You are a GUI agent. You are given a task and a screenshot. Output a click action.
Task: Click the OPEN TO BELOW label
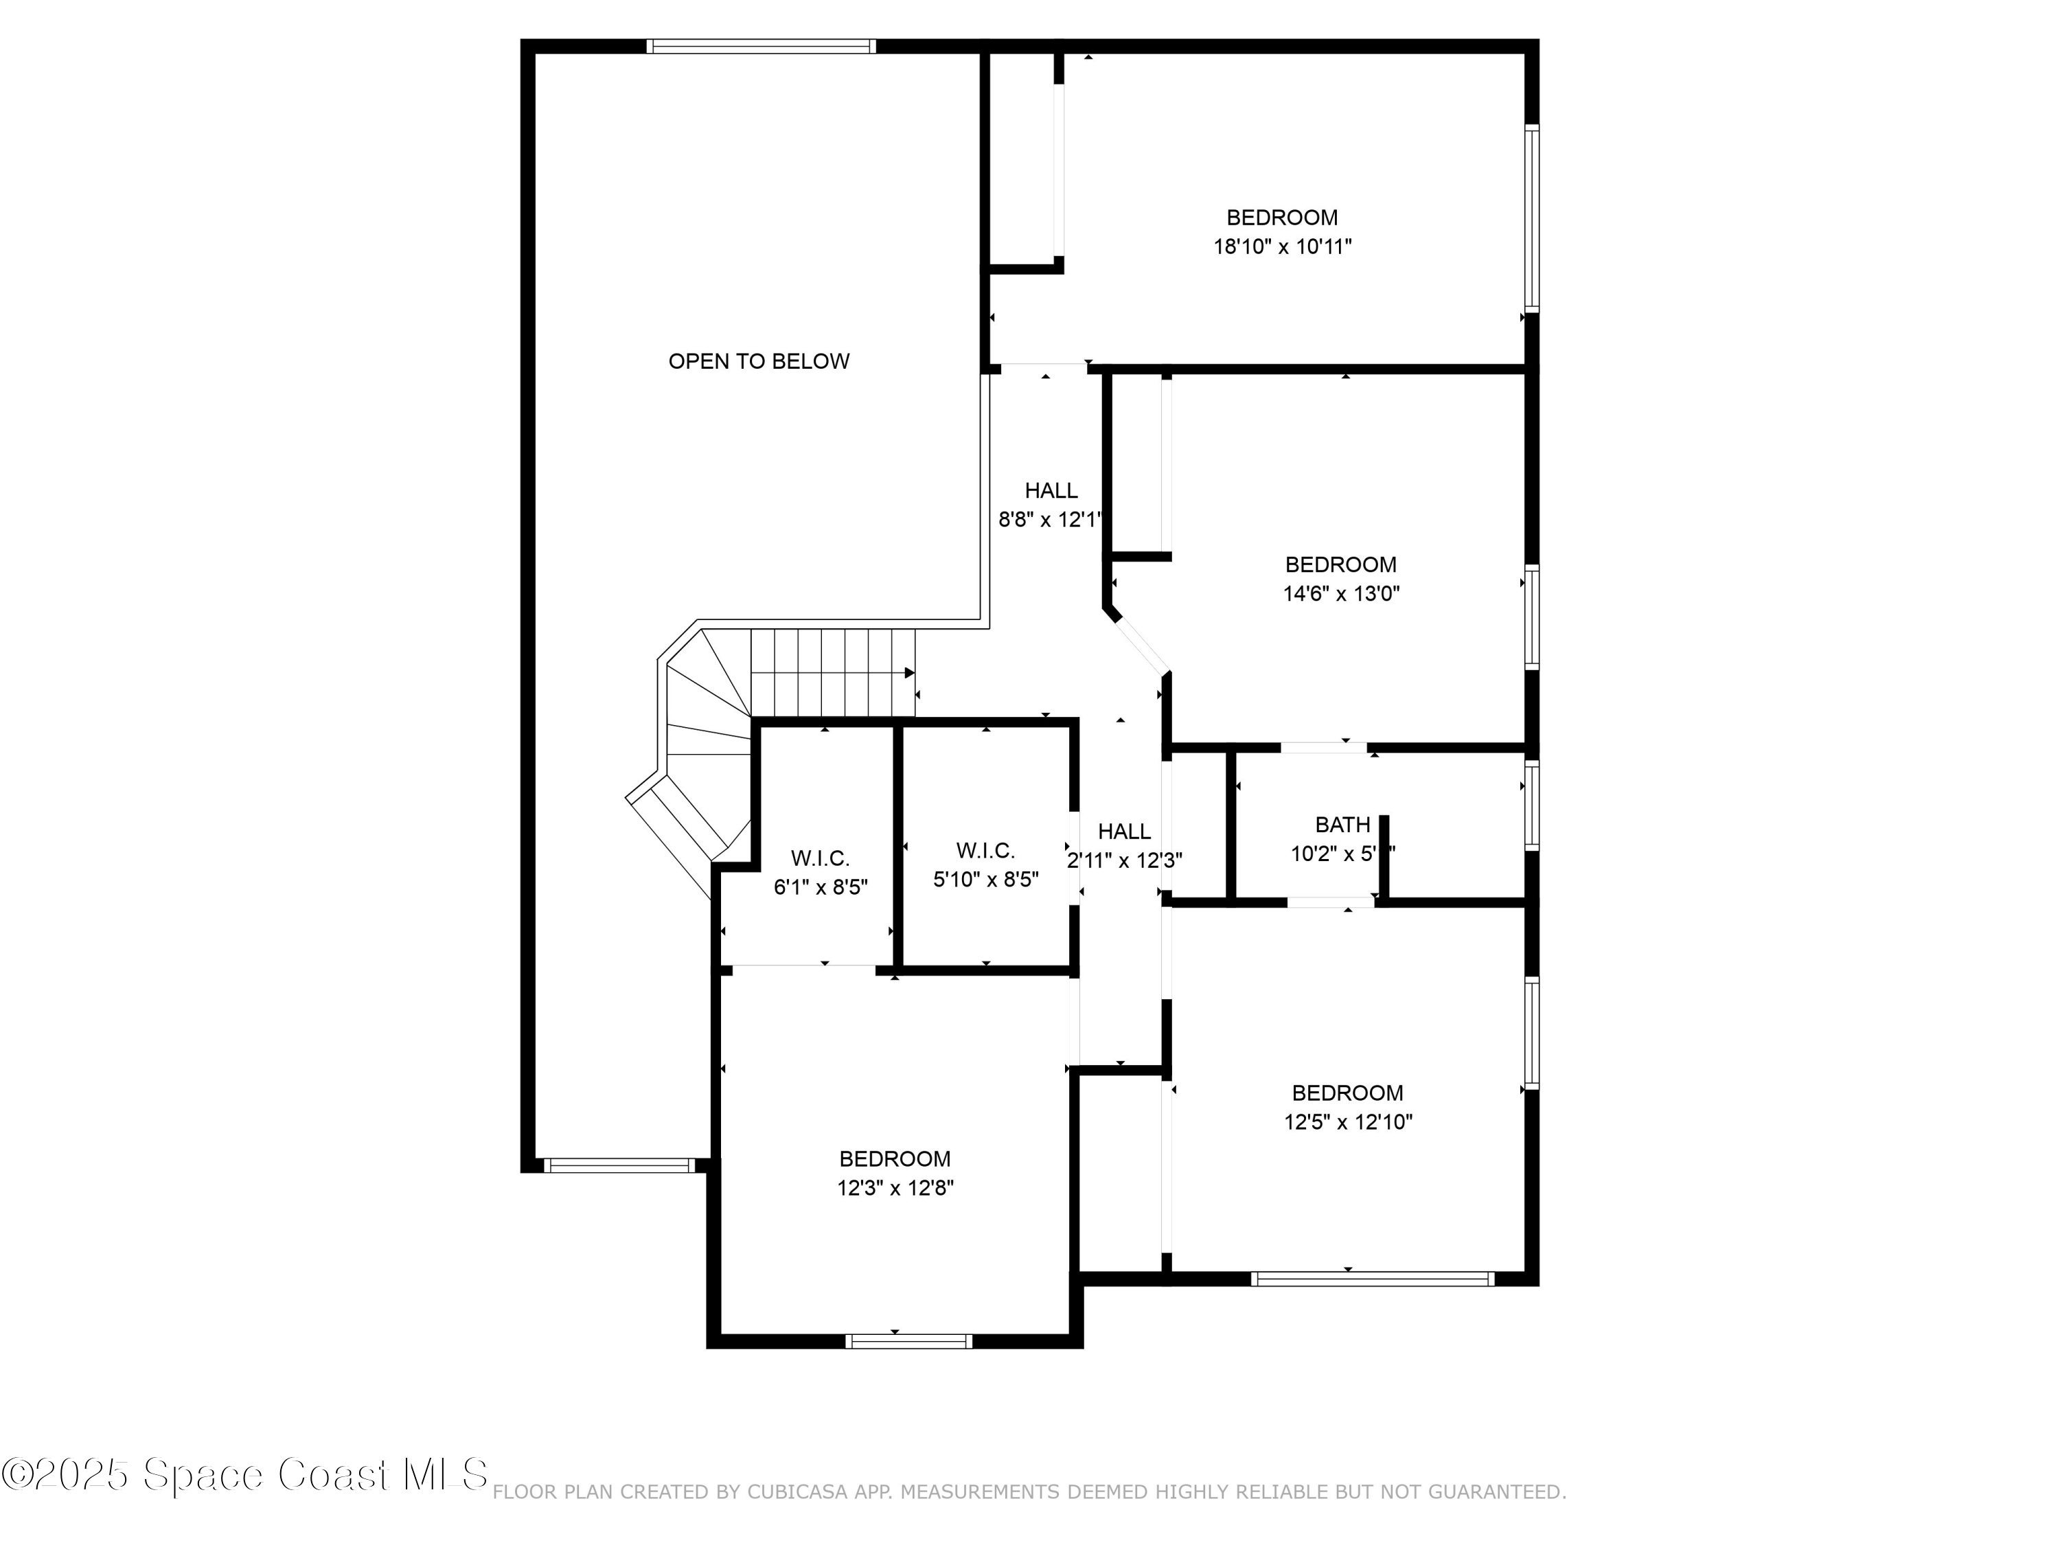click(x=758, y=361)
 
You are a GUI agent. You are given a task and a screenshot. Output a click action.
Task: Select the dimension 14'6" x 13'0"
click(x=1341, y=593)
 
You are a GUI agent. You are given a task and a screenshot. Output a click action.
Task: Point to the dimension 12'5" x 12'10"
click(x=1347, y=1122)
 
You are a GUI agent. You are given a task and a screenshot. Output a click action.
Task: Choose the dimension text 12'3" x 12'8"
click(x=894, y=1189)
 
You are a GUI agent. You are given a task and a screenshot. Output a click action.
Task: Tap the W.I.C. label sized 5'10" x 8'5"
click(x=985, y=850)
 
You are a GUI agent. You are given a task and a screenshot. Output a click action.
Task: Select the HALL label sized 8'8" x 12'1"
click(x=1051, y=491)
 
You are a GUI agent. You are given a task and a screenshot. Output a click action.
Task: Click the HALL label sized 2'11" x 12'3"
click(x=1123, y=832)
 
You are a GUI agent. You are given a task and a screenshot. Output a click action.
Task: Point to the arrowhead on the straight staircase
click(x=910, y=672)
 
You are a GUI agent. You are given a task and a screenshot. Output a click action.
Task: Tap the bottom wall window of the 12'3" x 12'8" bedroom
click(x=908, y=1341)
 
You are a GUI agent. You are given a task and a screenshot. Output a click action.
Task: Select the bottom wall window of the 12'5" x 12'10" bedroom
click(x=1372, y=1279)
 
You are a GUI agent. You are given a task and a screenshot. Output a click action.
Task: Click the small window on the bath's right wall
click(x=1531, y=805)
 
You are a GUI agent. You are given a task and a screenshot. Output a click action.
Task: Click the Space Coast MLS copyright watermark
click(x=244, y=1474)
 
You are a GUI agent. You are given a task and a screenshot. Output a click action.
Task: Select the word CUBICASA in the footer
click(x=797, y=1493)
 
